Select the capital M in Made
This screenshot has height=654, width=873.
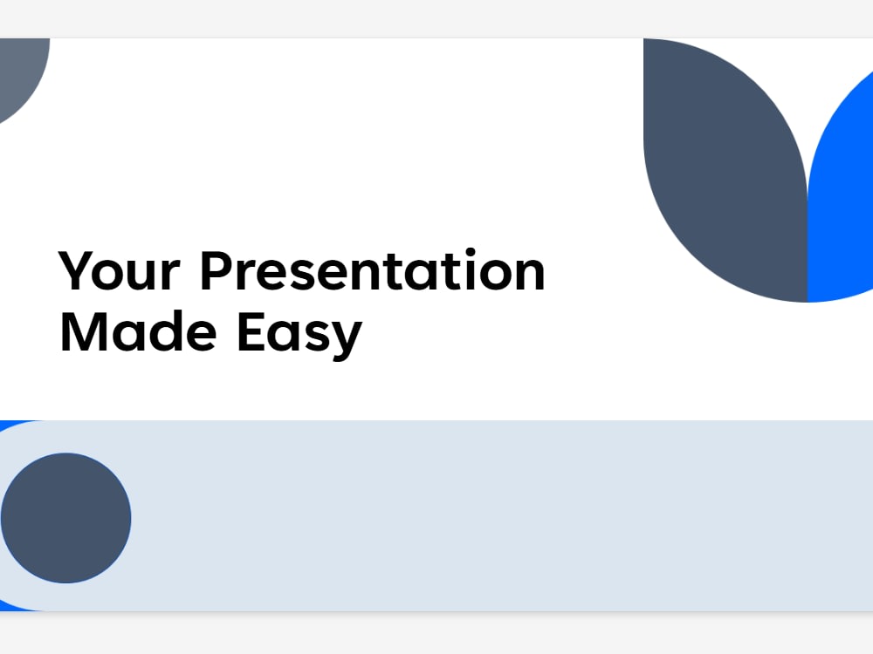[x=81, y=331]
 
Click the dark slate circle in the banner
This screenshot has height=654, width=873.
[x=66, y=518]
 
